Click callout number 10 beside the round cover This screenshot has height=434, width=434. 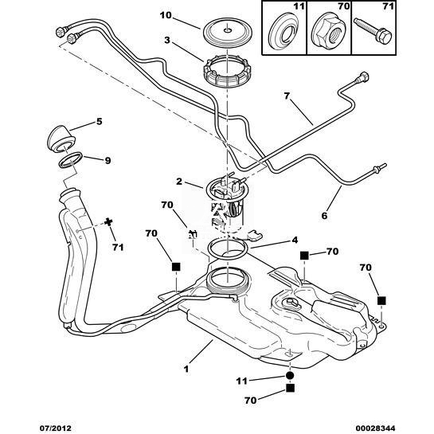[166, 15]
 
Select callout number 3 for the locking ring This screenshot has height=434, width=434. [167, 40]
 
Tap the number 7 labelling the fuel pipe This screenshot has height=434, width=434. [287, 96]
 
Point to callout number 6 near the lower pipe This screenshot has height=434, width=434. [324, 215]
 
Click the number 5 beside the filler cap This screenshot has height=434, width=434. [99, 122]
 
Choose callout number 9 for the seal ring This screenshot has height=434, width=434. [108, 161]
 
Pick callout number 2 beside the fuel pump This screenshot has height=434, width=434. [179, 182]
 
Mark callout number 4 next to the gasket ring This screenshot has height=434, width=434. [295, 240]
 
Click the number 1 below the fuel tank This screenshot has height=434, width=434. [186, 369]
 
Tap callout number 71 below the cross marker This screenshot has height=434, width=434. [118, 247]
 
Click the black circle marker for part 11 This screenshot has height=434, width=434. [290, 376]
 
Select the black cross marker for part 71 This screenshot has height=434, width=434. [109, 222]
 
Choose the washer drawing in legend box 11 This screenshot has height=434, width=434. [284, 33]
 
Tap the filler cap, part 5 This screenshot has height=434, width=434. [61, 139]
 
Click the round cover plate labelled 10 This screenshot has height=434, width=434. [228, 31]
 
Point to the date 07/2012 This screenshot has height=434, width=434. [55, 428]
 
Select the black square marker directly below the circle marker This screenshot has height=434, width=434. [290, 389]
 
